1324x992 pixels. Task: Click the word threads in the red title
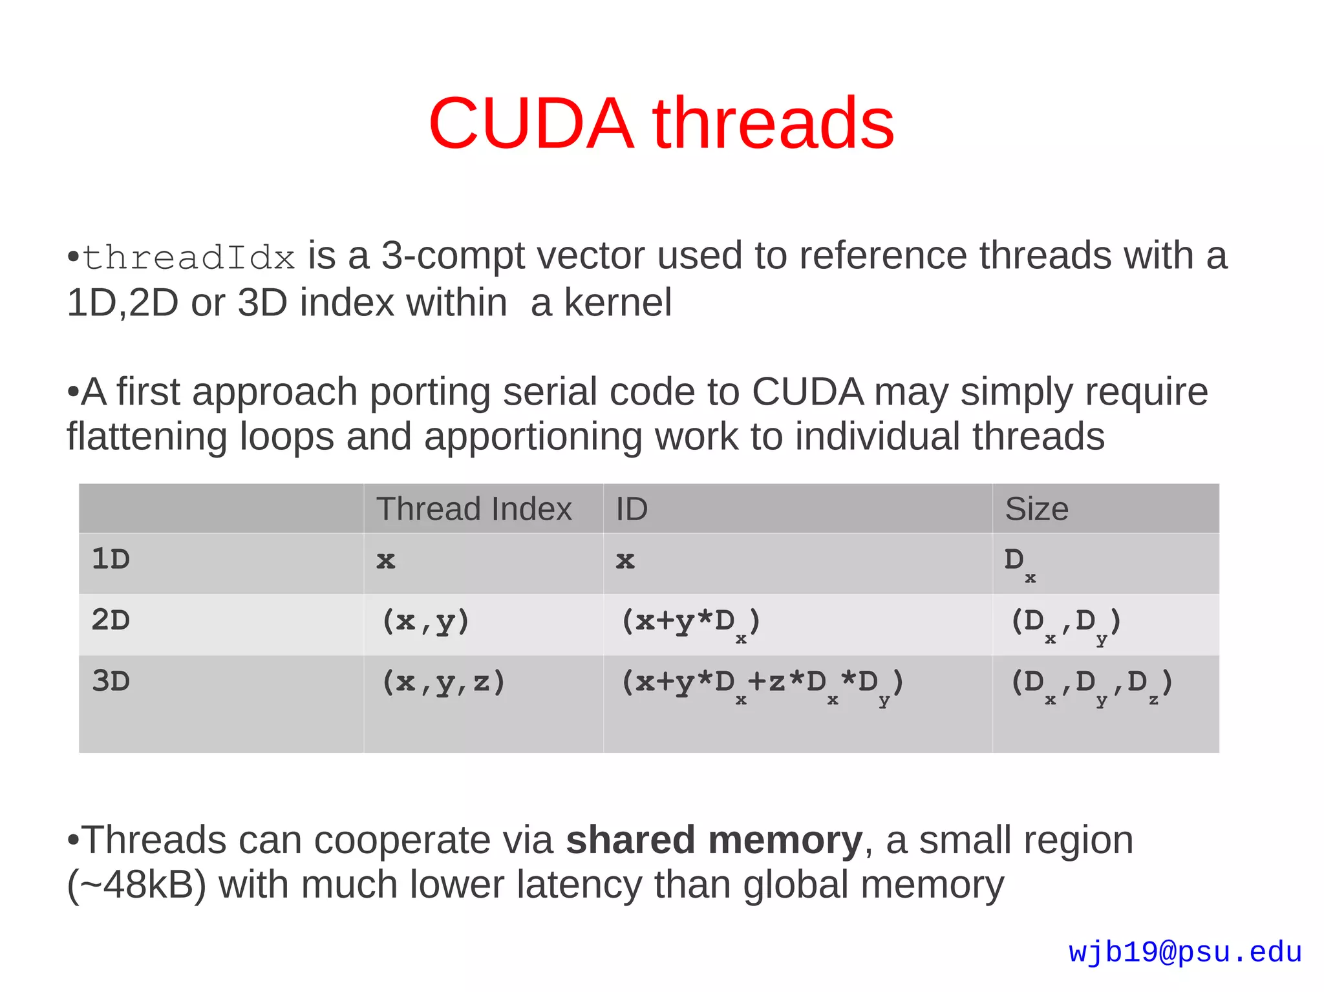click(773, 123)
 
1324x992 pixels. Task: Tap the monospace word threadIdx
click(189, 258)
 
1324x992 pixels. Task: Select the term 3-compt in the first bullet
click(453, 256)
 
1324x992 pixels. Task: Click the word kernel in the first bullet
click(617, 302)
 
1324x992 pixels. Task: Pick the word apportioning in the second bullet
click(532, 437)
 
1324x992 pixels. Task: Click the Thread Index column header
click(474, 509)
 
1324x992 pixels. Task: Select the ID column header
click(631, 509)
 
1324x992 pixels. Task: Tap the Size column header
click(1036, 509)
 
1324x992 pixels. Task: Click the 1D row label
click(111, 559)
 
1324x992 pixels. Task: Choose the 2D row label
click(111, 620)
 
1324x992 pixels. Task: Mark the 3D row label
click(111, 681)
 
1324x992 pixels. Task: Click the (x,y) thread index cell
click(425, 622)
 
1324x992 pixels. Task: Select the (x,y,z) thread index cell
click(443, 682)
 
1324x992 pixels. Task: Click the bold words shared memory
click(714, 840)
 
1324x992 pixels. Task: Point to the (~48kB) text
click(136, 885)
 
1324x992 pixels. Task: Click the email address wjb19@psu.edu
click(1185, 953)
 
